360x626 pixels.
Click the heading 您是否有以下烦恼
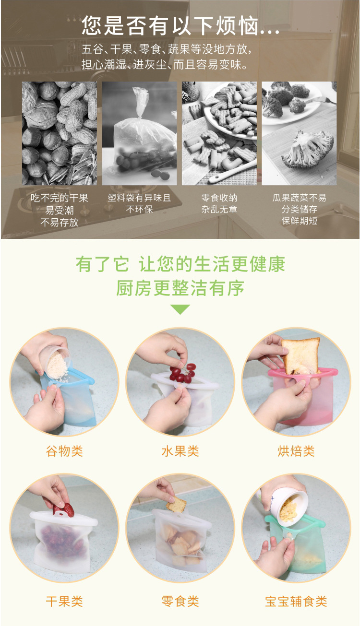click(180, 25)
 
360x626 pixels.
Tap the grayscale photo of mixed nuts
click(60, 133)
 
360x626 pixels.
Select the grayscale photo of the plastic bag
click(139, 133)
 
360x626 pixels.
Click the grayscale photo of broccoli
click(299, 133)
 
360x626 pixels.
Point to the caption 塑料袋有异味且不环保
click(139, 204)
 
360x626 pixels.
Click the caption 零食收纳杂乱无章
click(219, 204)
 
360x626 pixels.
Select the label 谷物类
click(64, 451)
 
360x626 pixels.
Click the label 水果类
click(180, 451)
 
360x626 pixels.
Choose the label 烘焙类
click(296, 451)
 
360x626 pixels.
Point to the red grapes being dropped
click(182, 372)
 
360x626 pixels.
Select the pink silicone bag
click(307, 398)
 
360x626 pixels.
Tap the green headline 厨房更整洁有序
click(180, 288)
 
